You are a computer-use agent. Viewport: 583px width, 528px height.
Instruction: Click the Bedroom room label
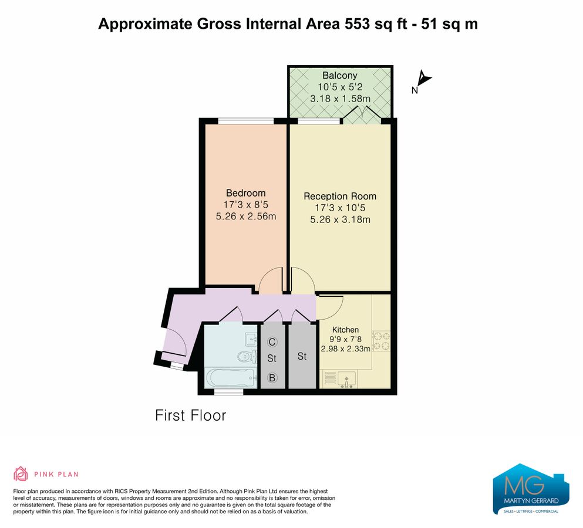[x=246, y=193]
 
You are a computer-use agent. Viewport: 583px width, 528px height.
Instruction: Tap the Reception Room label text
[x=340, y=196]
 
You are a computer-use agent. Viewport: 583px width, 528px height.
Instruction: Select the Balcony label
[x=340, y=76]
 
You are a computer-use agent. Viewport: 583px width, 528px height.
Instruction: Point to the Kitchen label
[x=345, y=330]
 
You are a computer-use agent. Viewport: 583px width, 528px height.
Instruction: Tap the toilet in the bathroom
[x=247, y=356]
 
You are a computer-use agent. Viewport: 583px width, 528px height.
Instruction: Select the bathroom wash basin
[x=251, y=339]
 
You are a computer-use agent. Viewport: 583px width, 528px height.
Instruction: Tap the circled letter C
[x=272, y=342]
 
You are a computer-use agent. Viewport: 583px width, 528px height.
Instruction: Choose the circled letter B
[x=272, y=378]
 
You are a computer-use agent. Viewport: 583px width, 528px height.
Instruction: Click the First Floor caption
[x=190, y=415]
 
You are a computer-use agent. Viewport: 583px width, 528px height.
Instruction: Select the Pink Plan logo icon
[x=21, y=474]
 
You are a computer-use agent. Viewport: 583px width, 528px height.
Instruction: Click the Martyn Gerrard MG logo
[x=531, y=489]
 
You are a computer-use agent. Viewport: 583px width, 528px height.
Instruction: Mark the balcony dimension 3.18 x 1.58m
[x=340, y=99]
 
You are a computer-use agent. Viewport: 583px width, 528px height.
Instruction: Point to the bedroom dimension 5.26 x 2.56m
[x=246, y=216]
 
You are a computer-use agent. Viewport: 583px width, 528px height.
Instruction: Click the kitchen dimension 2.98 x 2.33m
[x=345, y=348]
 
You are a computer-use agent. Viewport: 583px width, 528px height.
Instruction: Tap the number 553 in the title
[x=358, y=24]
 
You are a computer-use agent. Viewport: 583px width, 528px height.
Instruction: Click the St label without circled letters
[x=302, y=356]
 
